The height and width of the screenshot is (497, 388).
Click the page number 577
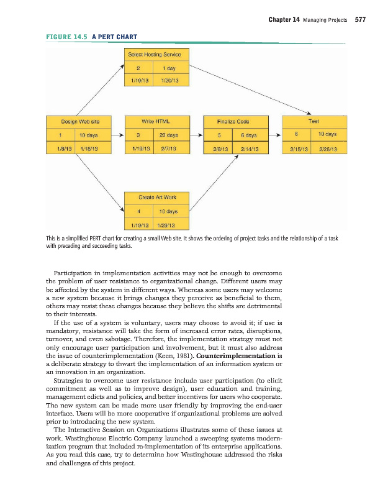359,19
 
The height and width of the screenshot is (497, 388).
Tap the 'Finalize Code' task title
233,121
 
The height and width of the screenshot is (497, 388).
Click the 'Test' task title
313,121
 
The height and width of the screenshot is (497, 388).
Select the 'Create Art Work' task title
157,197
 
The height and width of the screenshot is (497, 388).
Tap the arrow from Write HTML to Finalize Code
196,134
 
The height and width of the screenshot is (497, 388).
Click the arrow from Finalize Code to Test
274,134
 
